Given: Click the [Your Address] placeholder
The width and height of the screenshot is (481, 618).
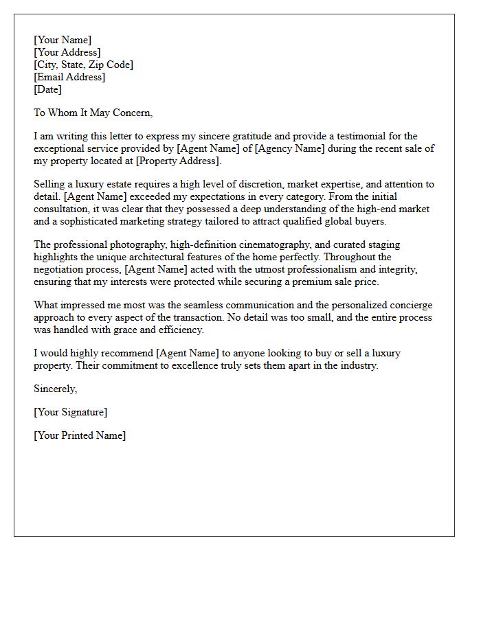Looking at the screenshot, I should tap(67, 52).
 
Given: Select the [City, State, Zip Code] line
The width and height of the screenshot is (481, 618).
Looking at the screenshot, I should tap(83, 65).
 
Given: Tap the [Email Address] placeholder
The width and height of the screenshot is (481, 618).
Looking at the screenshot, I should tap(69, 77).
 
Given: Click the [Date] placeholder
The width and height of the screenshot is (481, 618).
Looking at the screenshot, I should tap(47, 89).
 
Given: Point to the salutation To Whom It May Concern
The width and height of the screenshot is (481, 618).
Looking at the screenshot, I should tap(93, 113).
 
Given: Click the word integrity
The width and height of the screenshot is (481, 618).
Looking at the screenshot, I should tap(409, 269).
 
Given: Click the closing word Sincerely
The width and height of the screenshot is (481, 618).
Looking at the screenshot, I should tap(56, 389).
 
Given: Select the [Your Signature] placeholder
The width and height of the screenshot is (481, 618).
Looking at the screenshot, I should tap(71, 412).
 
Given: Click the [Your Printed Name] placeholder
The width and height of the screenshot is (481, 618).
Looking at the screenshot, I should tap(80, 435).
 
